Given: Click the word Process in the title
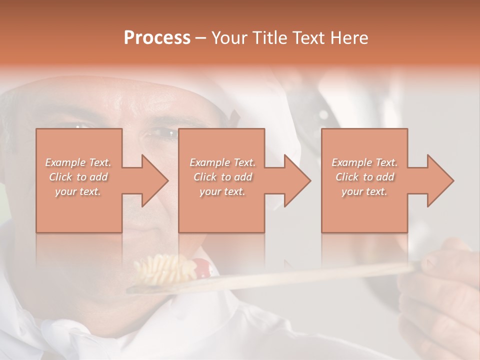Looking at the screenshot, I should [157, 38].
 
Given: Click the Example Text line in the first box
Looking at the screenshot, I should [78, 162].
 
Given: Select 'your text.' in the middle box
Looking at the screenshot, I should [222, 191].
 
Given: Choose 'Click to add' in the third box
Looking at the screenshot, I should [364, 177].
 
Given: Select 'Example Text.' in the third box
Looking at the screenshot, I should [364, 162].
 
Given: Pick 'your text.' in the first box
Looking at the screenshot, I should [78, 191].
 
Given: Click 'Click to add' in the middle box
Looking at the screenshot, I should [222, 177].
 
